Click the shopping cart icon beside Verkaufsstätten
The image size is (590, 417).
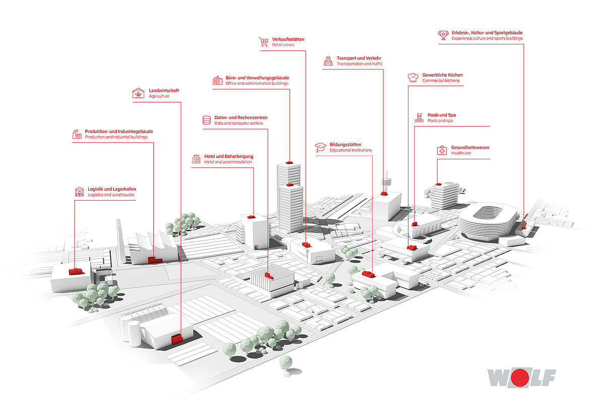coord(263,42)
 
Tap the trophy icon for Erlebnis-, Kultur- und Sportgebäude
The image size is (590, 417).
coord(443,35)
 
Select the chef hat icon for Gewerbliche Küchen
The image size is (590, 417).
coord(413,77)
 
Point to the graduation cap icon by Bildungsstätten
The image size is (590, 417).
coord(320,147)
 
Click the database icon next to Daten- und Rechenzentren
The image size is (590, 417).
coord(206,120)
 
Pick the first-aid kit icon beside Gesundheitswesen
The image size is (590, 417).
coord(442,150)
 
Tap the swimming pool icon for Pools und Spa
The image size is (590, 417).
coord(419,117)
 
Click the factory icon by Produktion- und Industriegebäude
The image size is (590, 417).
coord(77,134)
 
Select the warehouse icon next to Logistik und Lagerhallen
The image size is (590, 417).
coord(79,192)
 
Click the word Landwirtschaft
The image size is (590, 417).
coord(164,91)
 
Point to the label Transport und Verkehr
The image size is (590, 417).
coord(359,58)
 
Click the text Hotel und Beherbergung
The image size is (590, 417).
coord(228,156)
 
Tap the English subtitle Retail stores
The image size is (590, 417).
coord(283,45)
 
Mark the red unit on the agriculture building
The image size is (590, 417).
coord(177,338)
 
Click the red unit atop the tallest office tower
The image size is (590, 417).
coord(289,162)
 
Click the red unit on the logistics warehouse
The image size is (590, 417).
coord(76,271)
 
